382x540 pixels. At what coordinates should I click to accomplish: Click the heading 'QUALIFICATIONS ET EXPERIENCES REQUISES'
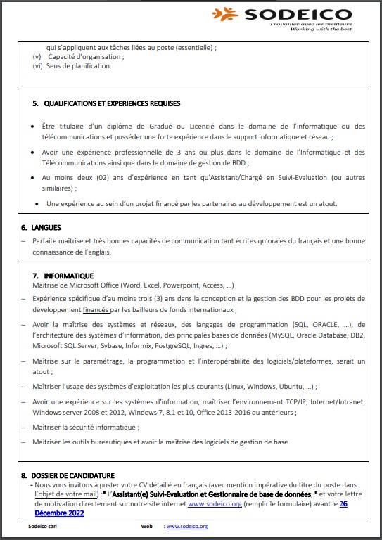click(x=112, y=103)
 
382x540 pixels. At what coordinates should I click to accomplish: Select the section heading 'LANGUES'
click(x=46, y=228)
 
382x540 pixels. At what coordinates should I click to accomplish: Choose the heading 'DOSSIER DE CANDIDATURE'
click(x=72, y=476)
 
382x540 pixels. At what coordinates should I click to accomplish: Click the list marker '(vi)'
click(x=38, y=67)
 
